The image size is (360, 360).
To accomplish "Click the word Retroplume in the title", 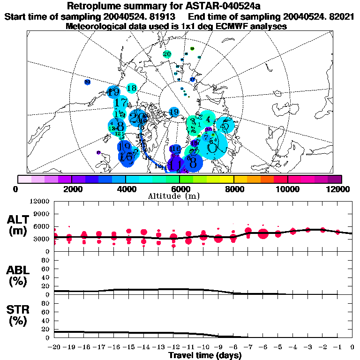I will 95,6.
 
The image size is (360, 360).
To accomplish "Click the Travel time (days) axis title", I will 205,356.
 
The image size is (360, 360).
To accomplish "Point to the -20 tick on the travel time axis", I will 55,347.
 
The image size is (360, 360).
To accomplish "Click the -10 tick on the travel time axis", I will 204,347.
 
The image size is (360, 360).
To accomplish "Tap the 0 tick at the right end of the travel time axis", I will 352,347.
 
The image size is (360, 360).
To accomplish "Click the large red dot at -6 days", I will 263,234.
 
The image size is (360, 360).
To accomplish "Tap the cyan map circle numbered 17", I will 121,103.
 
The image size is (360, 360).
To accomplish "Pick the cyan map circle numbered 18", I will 131,88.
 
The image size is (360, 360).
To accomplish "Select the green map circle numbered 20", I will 167,54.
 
